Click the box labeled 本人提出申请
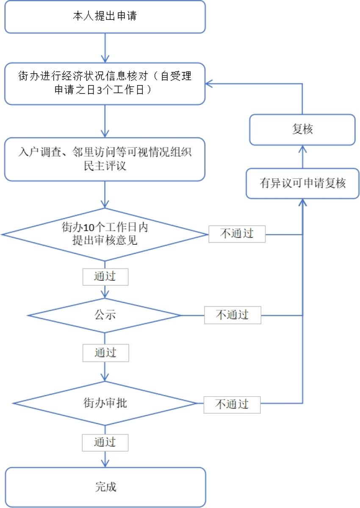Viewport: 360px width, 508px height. coord(105,17)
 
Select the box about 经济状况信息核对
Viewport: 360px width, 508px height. coord(105,84)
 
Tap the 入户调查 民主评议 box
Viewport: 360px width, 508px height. coord(105,159)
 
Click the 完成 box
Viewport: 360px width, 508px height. coord(105,486)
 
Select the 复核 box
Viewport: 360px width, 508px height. coord(302,130)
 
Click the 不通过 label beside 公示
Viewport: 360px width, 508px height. coord(233,315)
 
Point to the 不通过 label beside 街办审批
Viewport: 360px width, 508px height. coord(232,404)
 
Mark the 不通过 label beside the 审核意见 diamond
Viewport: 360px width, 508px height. coord(237,234)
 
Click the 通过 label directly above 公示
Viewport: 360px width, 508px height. coord(105,277)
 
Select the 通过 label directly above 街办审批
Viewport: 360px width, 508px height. coord(105,353)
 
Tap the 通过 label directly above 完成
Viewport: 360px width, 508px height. coord(105,442)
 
